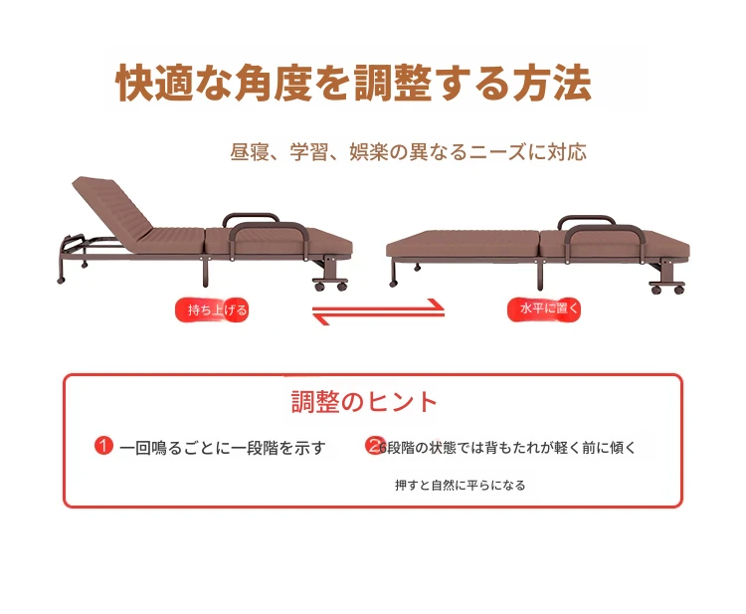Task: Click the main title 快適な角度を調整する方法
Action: click(x=354, y=83)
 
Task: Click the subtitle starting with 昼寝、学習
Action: click(x=408, y=152)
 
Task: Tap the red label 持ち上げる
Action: click(x=212, y=309)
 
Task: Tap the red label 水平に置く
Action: click(x=544, y=308)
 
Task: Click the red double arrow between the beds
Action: click(x=378, y=311)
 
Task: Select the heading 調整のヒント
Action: click(x=364, y=402)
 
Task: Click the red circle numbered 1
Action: click(x=103, y=446)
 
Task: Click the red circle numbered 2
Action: click(x=374, y=446)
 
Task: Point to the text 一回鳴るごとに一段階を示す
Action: click(x=223, y=448)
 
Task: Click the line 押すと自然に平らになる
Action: click(x=461, y=485)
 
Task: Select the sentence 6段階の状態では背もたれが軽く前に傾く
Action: click(x=507, y=448)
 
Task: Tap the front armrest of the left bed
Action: click(x=270, y=238)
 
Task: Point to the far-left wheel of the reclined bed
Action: click(x=61, y=281)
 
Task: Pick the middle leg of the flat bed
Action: click(x=539, y=274)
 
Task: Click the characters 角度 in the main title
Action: click(x=274, y=83)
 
